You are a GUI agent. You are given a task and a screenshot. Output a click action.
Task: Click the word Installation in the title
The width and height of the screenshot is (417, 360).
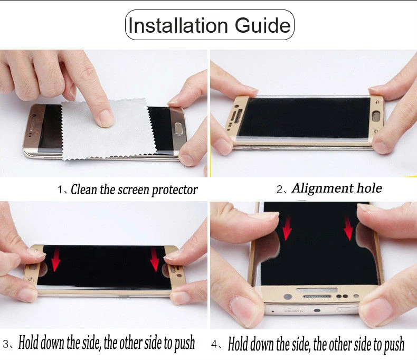[178, 25]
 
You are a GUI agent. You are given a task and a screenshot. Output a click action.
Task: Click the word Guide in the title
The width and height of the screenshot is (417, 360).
[262, 25]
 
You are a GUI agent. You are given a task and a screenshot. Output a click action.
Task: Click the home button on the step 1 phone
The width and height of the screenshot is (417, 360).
[178, 127]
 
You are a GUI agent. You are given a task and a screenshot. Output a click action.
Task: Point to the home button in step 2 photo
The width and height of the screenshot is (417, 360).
[377, 116]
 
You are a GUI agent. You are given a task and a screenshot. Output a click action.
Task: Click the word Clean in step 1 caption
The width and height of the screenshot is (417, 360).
[84, 190]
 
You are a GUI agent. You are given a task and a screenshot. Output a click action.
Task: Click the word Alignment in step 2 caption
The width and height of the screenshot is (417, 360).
[323, 188]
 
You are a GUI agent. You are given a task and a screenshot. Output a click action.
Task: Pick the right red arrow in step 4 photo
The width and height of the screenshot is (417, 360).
[348, 228]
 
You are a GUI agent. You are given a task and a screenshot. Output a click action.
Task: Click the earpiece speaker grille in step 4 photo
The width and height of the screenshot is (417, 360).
[317, 296]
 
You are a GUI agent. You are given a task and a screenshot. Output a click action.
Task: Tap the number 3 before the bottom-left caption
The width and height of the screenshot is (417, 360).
[6, 344]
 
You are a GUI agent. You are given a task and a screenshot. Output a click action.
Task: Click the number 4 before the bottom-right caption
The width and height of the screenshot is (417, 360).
[214, 344]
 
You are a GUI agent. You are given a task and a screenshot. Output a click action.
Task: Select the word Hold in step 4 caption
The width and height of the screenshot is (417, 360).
[238, 344]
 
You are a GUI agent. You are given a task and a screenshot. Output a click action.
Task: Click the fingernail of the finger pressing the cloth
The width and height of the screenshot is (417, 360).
[106, 118]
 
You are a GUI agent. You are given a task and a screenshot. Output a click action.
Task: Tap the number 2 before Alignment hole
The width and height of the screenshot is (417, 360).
[280, 190]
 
